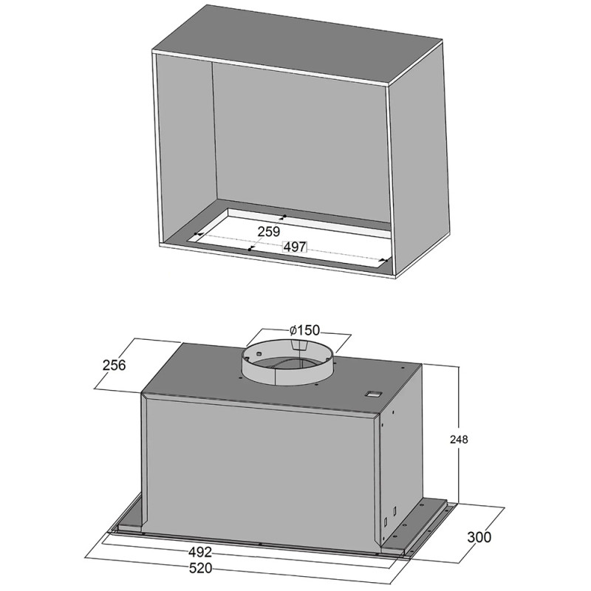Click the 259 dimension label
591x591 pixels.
[269, 231]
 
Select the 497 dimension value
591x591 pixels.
[294, 247]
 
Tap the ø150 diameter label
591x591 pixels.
[304, 330]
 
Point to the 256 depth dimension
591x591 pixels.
[114, 365]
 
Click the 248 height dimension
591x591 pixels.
[459, 439]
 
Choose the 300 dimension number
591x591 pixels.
[479, 537]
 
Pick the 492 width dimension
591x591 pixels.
[200, 552]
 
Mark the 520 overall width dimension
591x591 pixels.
[200, 568]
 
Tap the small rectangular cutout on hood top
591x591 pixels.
[373, 394]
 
